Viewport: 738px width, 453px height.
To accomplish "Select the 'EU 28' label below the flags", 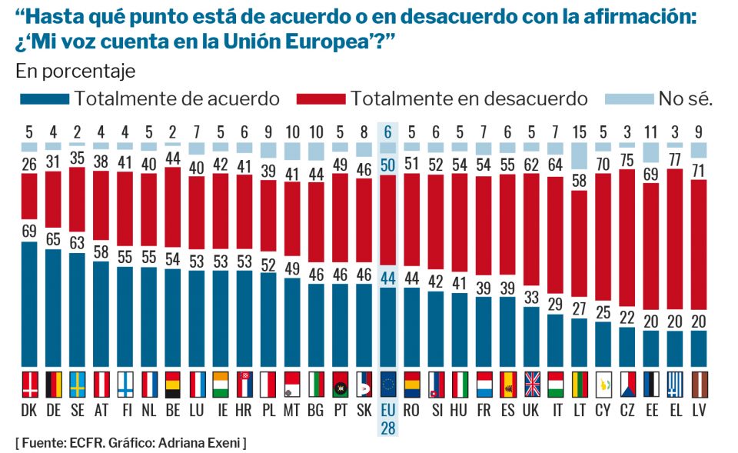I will coord(388,419).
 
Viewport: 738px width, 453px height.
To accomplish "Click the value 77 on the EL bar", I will coord(675,159).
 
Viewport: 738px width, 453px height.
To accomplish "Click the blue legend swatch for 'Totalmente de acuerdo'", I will coord(43,98).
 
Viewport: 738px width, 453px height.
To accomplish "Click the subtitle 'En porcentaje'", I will coord(75,72).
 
